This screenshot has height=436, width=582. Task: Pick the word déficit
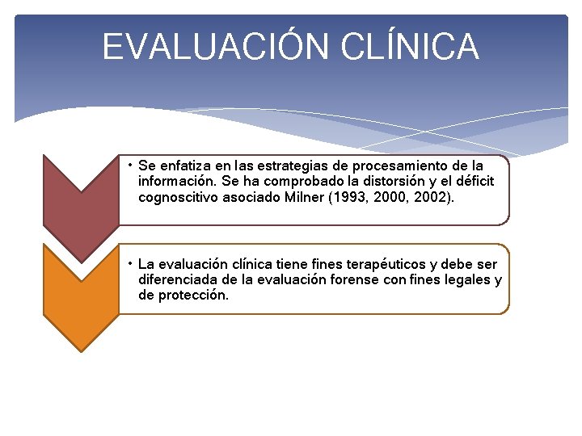pos(471,181)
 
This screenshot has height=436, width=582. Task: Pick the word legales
pos(468,280)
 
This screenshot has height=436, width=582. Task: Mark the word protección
pos(194,296)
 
